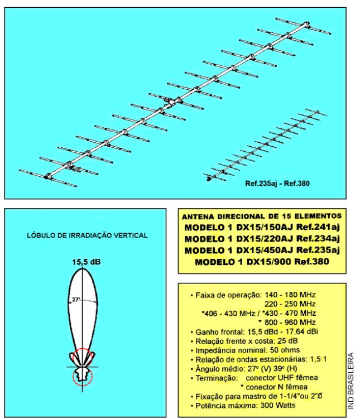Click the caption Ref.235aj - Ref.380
coord(277,184)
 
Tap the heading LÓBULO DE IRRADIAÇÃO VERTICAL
coord(87,235)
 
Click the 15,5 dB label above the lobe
coord(87,262)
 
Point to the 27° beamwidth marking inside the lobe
coord(76,300)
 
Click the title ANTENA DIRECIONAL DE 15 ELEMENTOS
coord(262,216)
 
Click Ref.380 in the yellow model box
coord(311,261)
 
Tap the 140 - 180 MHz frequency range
coord(290,295)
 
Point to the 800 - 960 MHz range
coord(290,322)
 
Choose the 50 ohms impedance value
coord(285,350)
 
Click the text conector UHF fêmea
coord(282,378)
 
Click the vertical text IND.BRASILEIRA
coord(351,381)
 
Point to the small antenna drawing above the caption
coord(265,145)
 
